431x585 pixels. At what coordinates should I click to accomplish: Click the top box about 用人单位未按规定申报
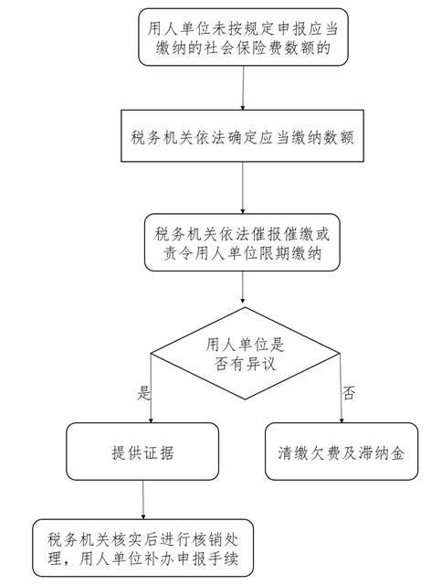click(243, 37)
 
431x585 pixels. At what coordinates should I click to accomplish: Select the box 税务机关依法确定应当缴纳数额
click(242, 136)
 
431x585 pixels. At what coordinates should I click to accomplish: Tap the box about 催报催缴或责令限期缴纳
click(242, 242)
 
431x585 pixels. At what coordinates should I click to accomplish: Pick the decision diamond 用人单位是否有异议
click(245, 354)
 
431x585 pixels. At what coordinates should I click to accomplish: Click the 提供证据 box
click(142, 452)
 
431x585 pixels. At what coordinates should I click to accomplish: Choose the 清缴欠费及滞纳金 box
click(342, 452)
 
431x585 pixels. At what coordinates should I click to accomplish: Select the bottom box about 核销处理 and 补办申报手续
click(142, 548)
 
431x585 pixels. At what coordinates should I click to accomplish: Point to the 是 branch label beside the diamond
click(143, 393)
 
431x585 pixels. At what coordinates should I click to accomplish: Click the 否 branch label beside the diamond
click(349, 393)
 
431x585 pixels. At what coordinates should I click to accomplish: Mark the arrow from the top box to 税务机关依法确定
click(243, 88)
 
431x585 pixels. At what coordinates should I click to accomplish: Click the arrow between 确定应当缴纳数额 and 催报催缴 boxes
click(243, 187)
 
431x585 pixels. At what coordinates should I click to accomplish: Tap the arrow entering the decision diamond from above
click(243, 287)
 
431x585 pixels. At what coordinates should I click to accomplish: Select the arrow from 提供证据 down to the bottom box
click(142, 500)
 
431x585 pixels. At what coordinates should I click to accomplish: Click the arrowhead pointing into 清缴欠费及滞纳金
click(342, 420)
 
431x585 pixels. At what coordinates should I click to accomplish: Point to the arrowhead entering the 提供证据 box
click(151, 420)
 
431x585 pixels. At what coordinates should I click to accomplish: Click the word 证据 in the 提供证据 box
click(159, 453)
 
